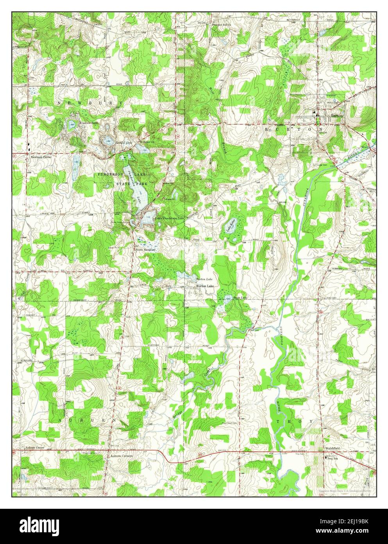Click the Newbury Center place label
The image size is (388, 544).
[41, 157]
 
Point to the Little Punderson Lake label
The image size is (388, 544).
[169, 218]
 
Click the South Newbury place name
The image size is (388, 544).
[145, 249]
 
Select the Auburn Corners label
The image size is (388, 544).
[121, 456]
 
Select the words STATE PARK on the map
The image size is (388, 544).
[133, 183]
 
